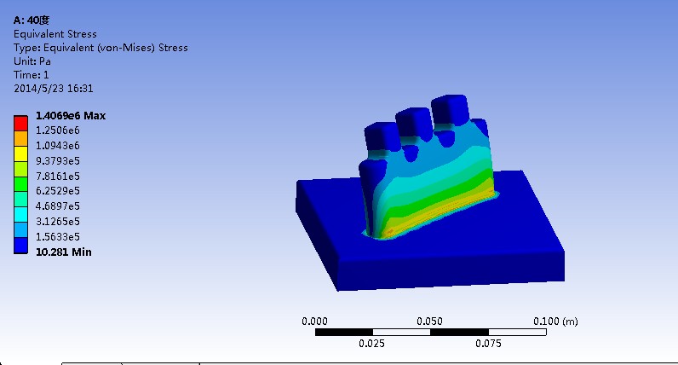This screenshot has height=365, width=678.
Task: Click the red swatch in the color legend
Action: (20, 122)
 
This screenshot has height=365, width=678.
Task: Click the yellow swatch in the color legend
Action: (20, 153)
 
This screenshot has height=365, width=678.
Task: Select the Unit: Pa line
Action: (32, 61)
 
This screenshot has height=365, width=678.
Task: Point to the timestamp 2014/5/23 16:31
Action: (54, 88)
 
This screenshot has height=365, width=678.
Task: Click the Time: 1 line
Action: (32, 75)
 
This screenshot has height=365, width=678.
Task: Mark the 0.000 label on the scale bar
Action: (315, 322)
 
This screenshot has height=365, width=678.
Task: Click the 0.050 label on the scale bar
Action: (429, 322)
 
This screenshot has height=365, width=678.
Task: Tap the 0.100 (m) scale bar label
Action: (554, 322)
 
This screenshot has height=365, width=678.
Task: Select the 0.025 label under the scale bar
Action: (372, 345)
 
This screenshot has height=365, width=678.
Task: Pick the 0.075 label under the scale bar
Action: (487, 345)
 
